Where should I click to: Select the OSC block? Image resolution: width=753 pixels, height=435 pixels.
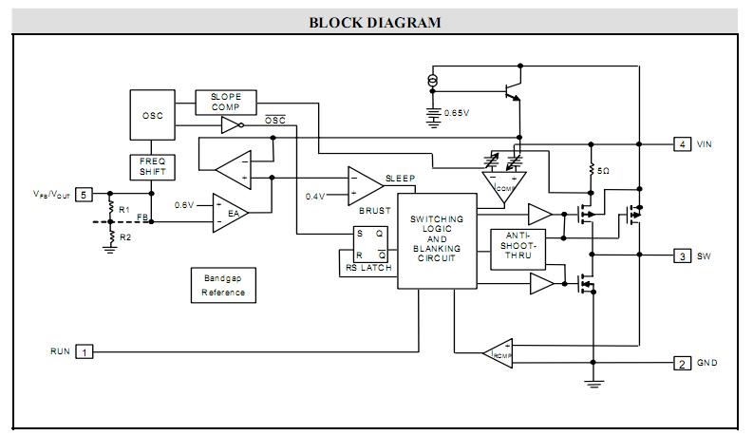(152, 116)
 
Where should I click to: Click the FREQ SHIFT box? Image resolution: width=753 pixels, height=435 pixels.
(152, 167)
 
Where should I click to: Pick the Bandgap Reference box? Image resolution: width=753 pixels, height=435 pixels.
(223, 286)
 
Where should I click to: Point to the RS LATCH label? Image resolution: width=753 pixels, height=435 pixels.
(365, 269)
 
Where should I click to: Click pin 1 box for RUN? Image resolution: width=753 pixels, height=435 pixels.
(85, 351)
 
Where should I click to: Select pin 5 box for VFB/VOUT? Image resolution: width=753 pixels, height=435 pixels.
(84, 194)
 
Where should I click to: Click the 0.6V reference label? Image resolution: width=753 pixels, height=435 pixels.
(184, 204)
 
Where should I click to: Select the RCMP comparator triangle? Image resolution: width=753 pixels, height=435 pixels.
(498, 353)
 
